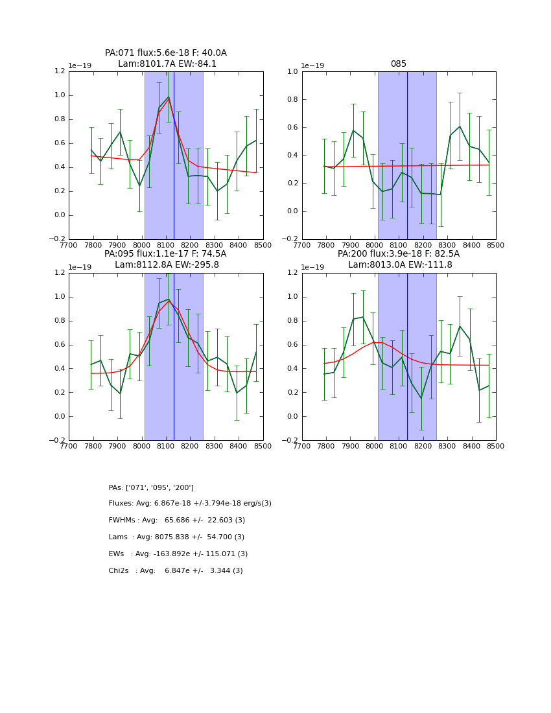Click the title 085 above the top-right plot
pyautogui.click(x=399, y=64)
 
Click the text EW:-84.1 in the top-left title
pyautogui.click(x=195, y=64)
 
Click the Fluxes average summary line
pyautogui.click(x=190, y=504)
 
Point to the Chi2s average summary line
pyautogui.click(x=176, y=571)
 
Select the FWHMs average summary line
pyautogui.click(x=177, y=520)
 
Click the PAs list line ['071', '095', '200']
pyautogui.click(x=151, y=487)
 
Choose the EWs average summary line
pyautogui.click(x=178, y=554)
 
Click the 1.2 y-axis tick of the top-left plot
pyautogui.click(x=59, y=71)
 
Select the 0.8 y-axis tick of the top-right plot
pyautogui.click(x=292, y=99)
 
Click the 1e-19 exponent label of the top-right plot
pyautogui.click(x=314, y=66)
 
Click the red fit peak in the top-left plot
pyautogui.click(x=169, y=99)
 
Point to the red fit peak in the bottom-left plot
pyautogui.click(x=169, y=301)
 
